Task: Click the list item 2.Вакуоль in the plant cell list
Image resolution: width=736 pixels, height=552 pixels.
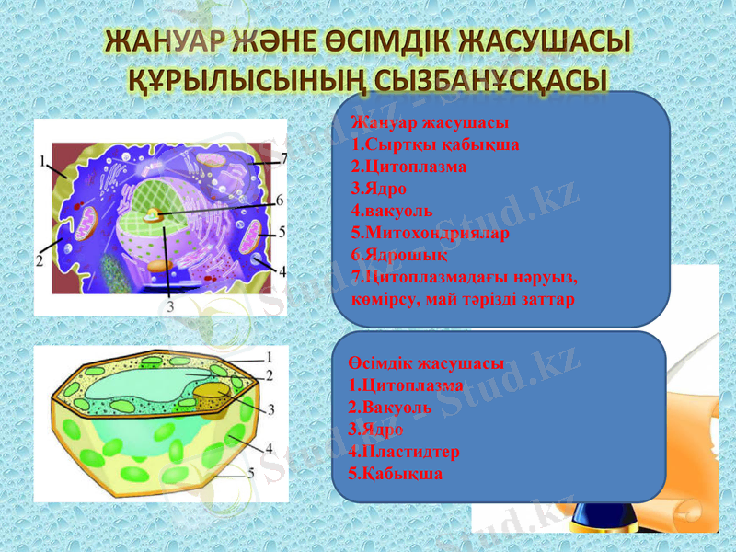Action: click(392, 408)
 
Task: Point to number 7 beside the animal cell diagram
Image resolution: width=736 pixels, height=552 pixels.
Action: click(283, 158)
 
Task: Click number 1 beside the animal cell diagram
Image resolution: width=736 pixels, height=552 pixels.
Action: click(43, 160)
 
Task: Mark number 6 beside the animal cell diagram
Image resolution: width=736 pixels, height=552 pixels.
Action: click(280, 199)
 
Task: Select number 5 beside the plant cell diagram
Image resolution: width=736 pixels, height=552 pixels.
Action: click(249, 474)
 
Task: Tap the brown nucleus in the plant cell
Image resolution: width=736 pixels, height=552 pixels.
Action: click(213, 397)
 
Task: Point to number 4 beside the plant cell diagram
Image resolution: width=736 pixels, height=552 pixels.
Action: click(269, 448)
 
